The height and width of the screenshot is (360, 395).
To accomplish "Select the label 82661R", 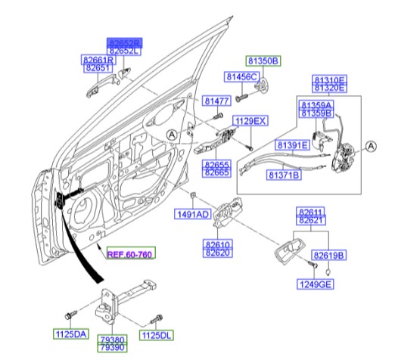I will [x=98, y=59].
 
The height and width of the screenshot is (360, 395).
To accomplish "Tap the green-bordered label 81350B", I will [x=263, y=59].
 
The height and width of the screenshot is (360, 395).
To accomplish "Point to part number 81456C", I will [x=241, y=77].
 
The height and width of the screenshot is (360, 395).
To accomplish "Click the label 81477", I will [x=217, y=101].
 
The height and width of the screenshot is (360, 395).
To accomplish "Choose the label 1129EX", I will [x=250, y=121].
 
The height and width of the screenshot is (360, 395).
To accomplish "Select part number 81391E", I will [x=291, y=144].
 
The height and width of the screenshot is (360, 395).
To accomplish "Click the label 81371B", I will [x=284, y=175].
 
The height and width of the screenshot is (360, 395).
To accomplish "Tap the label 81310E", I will [x=329, y=79].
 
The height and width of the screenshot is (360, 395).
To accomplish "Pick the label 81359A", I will [x=317, y=105].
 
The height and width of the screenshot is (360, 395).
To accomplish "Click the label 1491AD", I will [x=192, y=215].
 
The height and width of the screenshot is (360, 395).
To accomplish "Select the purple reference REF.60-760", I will [x=129, y=255].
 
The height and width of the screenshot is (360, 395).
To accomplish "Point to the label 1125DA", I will [x=70, y=334].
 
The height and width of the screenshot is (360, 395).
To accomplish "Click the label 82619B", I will [x=329, y=256].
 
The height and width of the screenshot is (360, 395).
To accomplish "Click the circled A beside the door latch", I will [x=371, y=147].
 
